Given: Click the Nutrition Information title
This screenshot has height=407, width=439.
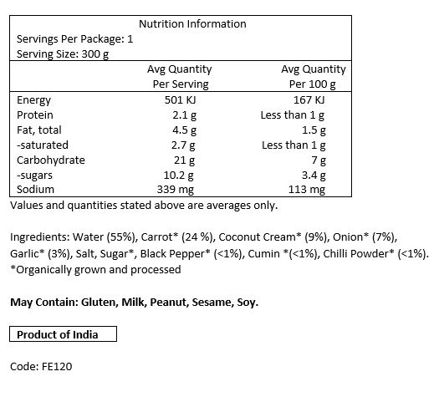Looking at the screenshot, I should (192, 24).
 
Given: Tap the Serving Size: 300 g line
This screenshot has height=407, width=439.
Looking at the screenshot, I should (63, 54).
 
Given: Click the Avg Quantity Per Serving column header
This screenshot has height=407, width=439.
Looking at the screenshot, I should (179, 77).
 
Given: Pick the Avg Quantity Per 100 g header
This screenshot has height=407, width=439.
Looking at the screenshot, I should (313, 77).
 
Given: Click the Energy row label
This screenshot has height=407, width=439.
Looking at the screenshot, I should (34, 100).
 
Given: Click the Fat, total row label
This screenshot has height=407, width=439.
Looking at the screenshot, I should (39, 130).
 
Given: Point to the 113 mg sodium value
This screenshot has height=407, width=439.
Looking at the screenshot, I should (307, 191).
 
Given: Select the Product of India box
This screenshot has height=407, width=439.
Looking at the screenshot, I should (64, 334).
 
